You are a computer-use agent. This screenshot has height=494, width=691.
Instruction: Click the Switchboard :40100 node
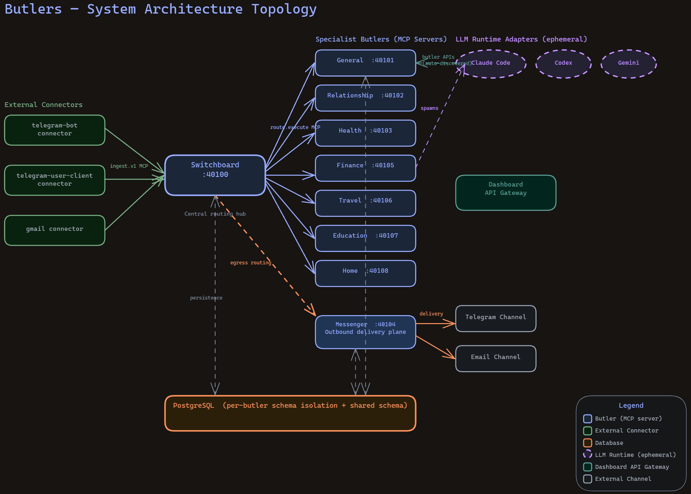pyautogui.click(x=215, y=175)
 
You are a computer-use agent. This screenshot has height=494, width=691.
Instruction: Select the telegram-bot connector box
pyautogui.click(x=55, y=130)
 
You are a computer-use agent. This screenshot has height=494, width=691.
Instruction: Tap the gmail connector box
pyautogui.click(x=55, y=230)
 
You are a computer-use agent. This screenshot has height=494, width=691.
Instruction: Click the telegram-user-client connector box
pyautogui.click(x=55, y=180)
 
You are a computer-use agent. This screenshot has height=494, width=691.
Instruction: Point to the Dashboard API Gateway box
pyautogui.click(x=505, y=192)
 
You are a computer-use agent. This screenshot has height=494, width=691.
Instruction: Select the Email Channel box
pyautogui.click(x=495, y=358)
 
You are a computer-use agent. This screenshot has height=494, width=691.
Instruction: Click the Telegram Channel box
pyautogui.click(x=495, y=318)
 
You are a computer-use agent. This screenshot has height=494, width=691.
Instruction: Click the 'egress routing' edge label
pyautogui.click(x=250, y=263)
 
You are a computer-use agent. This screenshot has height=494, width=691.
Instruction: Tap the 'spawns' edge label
pyautogui.click(x=429, y=108)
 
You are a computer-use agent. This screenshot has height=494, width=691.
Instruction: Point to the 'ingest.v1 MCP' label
pyautogui.click(x=129, y=166)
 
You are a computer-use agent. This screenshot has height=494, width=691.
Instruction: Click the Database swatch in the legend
pyautogui.click(x=587, y=442)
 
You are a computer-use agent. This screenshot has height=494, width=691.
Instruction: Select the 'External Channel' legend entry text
pyautogui.click(x=623, y=479)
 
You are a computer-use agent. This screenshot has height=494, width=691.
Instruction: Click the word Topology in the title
pyautogui.click(x=284, y=9)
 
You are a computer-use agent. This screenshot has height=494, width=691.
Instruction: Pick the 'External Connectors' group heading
pyautogui.click(x=44, y=105)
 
